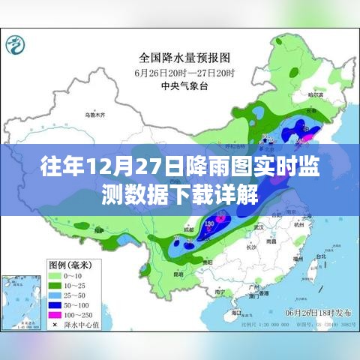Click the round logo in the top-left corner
point(16,47)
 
